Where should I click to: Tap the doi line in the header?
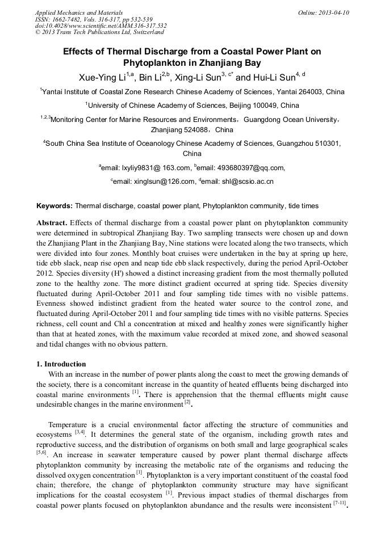[x=101, y=26]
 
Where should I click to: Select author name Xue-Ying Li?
[x=101, y=77]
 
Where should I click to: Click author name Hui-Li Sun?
[x=275, y=77]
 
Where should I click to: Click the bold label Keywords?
[x=55, y=206]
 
